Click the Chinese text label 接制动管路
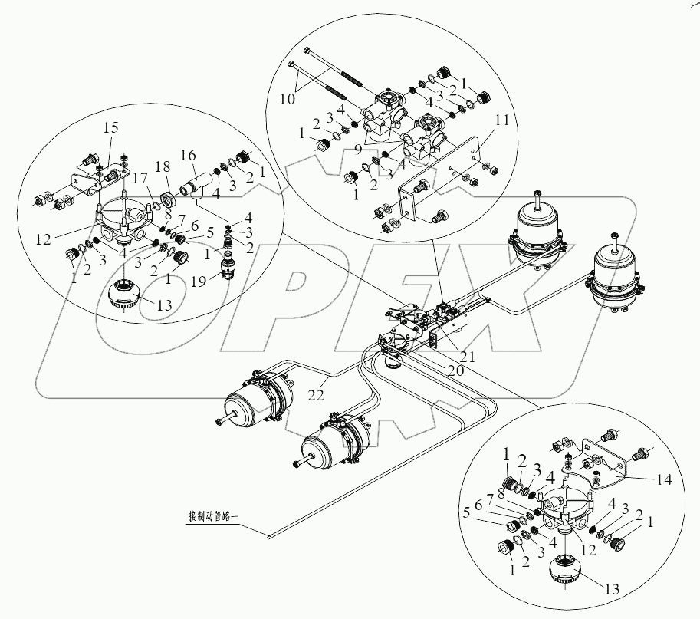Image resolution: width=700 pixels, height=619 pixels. point(212,516)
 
